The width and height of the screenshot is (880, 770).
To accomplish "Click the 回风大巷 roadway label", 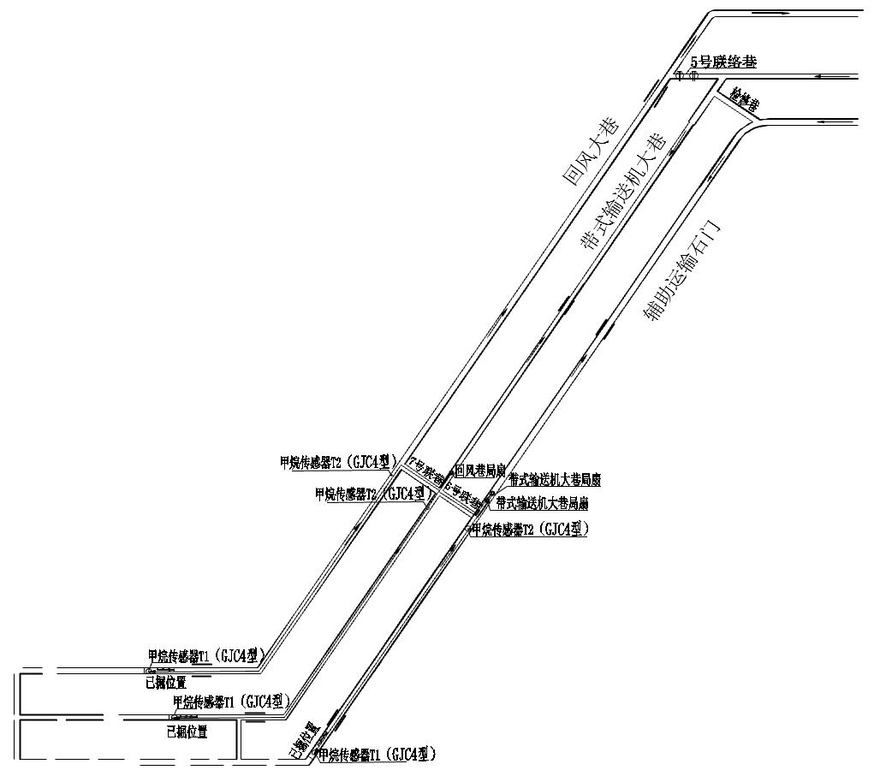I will pos(590,151).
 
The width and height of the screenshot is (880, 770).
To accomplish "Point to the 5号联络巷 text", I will pos(723,62).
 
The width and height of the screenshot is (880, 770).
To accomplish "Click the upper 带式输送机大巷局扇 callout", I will pos(554,480).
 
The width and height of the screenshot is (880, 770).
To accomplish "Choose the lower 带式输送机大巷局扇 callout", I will pos(542,503).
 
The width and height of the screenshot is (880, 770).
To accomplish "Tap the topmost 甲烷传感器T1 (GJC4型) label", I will pos(207,657).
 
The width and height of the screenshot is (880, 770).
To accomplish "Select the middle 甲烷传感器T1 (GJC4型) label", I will pos(231,701).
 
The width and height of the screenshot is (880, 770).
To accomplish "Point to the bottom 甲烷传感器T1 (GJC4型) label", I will pos(378,755).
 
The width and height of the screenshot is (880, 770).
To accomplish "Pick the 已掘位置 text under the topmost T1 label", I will pos(166,682).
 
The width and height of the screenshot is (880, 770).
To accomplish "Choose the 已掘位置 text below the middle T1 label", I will pos(187,732).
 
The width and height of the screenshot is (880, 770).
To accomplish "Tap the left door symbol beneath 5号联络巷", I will pos(681,75).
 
